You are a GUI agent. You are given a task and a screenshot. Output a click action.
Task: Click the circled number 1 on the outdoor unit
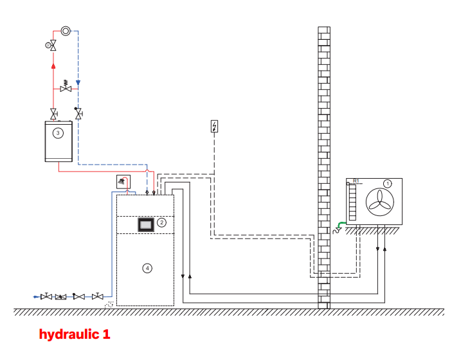[x=388, y=184]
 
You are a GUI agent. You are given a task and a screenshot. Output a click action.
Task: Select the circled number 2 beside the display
[x=161, y=222]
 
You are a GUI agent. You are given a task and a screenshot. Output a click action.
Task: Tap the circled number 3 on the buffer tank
[x=58, y=133]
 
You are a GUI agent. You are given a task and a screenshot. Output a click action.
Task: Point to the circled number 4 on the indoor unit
[x=147, y=268]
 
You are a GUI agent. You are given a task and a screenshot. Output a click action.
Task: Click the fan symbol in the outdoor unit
[x=380, y=203]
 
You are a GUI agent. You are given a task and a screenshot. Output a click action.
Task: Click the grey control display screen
[x=146, y=225]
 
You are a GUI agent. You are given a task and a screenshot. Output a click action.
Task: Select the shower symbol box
[x=123, y=182]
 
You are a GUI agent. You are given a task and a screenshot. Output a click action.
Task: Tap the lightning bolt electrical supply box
[x=214, y=126]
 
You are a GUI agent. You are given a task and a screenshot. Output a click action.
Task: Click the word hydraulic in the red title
[x=69, y=334]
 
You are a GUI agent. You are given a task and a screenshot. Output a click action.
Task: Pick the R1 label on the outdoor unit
[x=356, y=181]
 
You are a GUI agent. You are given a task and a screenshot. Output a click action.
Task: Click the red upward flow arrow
[x=53, y=66]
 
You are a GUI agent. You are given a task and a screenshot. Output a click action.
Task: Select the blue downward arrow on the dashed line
[x=78, y=83]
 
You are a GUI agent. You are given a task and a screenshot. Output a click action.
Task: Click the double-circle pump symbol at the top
[x=66, y=31]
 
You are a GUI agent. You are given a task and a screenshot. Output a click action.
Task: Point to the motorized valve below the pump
[x=51, y=45]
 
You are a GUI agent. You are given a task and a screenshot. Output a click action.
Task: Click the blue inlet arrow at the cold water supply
[x=36, y=297]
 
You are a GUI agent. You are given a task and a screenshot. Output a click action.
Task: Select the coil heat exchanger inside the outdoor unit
[x=352, y=203]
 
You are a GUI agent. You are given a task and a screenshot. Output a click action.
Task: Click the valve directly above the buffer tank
[x=53, y=114]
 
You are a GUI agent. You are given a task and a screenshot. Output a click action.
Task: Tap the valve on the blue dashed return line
[x=78, y=113]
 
